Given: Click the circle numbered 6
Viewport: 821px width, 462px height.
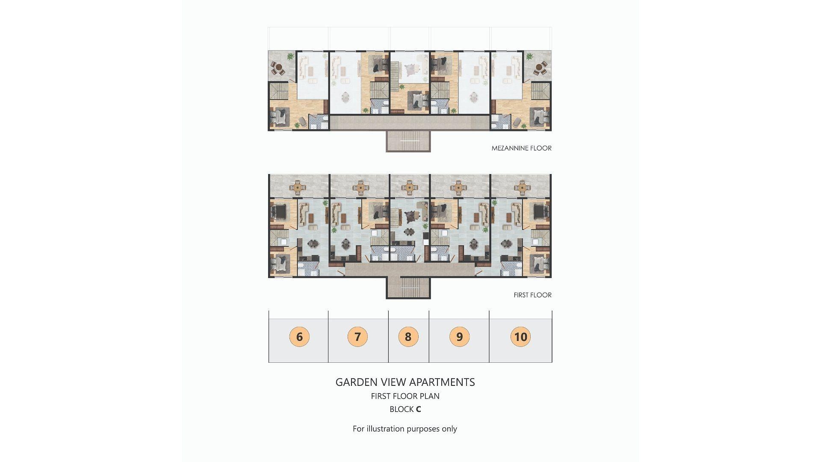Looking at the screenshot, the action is (299, 337).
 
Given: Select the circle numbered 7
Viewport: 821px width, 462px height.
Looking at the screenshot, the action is (358, 337).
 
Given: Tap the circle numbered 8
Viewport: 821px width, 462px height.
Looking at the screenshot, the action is (408, 337).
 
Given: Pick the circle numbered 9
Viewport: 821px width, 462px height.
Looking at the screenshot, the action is (460, 337).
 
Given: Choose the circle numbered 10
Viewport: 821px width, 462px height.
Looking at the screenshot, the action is (520, 337).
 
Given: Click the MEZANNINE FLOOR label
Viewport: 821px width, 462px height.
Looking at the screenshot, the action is (522, 148).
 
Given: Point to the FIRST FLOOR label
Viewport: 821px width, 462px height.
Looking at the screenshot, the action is (533, 295).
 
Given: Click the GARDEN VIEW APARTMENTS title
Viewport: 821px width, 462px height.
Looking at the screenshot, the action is (405, 382).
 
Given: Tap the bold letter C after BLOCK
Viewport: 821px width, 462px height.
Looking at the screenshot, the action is (418, 409).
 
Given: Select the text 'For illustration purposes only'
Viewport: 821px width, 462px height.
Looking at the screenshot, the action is (405, 429).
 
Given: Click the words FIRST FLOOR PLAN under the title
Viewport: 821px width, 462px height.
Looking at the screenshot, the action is (405, 396).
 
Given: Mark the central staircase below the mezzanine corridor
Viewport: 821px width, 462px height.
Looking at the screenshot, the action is (408, 141).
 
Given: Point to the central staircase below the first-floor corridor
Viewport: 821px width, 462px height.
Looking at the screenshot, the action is (408, 287).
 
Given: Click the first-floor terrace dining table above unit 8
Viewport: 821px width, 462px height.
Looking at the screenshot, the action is (410, 187).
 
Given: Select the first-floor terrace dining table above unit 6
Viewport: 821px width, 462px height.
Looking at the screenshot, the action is (298, 187).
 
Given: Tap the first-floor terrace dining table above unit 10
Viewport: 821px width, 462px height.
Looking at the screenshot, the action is (522, 187).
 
